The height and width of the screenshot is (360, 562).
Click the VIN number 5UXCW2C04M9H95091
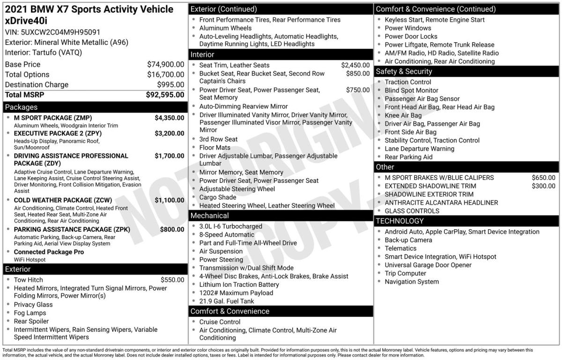pyautogui.click(x=60, y=32)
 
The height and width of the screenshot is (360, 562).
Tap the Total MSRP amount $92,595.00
pyautogui.click(x=165, y=95)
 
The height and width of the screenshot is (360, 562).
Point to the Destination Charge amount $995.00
pyautogui.click(x=170, y=85)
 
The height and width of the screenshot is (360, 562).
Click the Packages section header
pyautogui.click(x=21, y=107)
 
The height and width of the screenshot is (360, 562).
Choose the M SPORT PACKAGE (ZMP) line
pyautogui.click(x=53, y=118)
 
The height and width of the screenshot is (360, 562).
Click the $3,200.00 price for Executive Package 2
pyautogui.click(x=169, y=134)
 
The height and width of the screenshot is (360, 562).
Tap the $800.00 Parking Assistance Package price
pyautogui.click(x=172, y=230)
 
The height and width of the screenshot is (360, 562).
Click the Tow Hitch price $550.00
pyautogui.click(x=172, y=280)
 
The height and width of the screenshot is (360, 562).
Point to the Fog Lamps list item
pyautogui.click(x=30, y=313)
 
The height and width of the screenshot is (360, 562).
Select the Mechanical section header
pyautogui.click(x=209, y=216)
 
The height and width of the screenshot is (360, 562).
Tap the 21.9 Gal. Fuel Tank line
pyautogui.click(x=227, y=301)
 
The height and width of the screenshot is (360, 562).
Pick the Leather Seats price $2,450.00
pyautogui.click(x=355, y=65)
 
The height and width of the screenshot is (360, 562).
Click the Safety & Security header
pyautogui.click(x=404, y=71)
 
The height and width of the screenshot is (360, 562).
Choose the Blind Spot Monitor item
pyautogui.click(x=411, y=90)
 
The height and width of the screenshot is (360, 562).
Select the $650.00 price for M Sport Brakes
pyautogui.click(x=543, y=178)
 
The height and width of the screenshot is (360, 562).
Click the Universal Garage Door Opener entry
pyautogui.click(x=428, y=265)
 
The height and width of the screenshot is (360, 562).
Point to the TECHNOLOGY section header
pyautogui.click(x=399, y=221)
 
